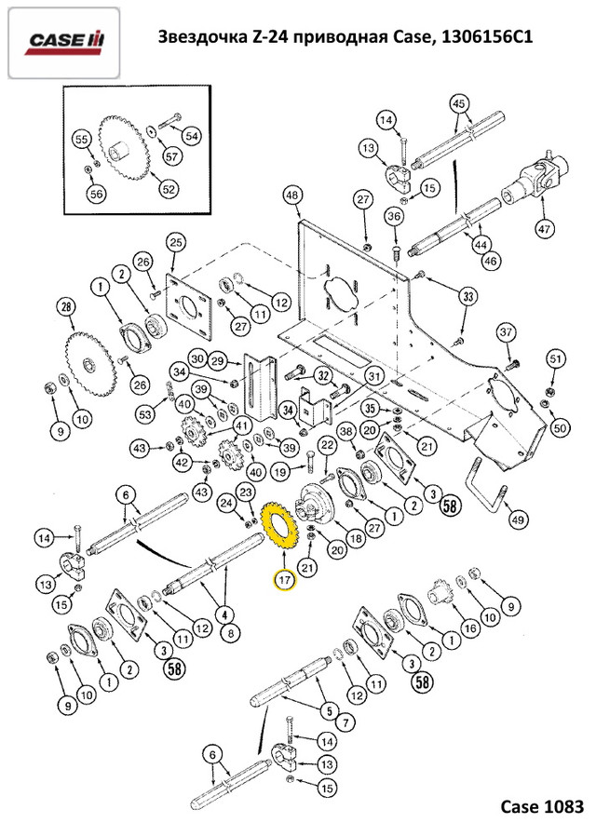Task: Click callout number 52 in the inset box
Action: pos(168,190)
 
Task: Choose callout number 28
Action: pos(65,306)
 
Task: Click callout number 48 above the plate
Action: pos(292,196)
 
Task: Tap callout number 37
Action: pos(506,333)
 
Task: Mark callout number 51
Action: pos(556,358)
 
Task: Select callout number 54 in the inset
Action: pos(191,136)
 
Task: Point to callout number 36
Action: pos(394,217)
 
